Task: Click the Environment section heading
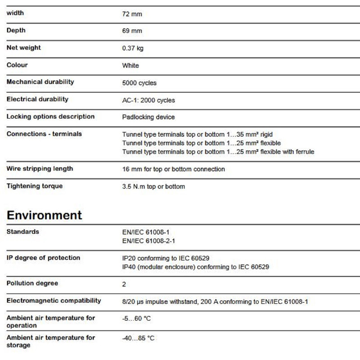click(x=44, y=215)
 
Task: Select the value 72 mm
click(x=132, y=14)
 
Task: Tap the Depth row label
click(x=16, y=31)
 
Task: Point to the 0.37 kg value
click(x=133, y=48)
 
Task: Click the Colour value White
click(x=130, y=66)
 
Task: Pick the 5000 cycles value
click(x=139, y=83)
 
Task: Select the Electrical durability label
click(x=37, y=99)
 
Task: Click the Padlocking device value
click(x=148, y=117)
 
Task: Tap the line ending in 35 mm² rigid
click(x=198, y=135)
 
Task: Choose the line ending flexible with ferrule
click(x=218, y=152)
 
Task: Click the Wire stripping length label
click(x=40, y=169)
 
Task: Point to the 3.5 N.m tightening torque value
click(x=153, y=186)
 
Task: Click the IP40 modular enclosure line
click(x=196, y=267)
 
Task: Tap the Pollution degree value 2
click(x=124, y=284)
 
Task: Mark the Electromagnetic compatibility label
click(x=54, y=301)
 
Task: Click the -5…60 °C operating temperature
click(x=137, y=319)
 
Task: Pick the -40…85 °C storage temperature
click(x=139, y=338)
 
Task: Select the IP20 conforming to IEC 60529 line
click(x=166, y=258)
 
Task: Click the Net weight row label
click(x=23, y=48)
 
